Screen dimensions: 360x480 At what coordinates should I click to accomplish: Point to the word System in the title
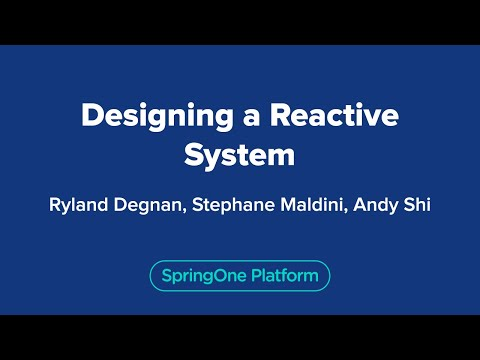(x=240, y=155)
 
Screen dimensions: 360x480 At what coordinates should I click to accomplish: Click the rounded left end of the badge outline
(x=151, y=275)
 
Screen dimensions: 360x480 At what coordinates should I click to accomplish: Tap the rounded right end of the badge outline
(x=329, y=275)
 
